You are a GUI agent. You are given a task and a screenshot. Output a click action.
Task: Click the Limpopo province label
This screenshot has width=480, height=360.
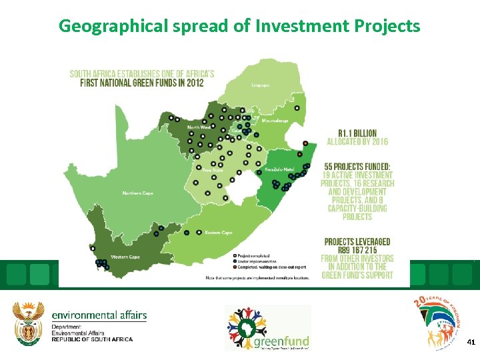click(261, 85)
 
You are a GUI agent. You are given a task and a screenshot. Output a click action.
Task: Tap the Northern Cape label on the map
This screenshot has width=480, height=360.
click(137, 193)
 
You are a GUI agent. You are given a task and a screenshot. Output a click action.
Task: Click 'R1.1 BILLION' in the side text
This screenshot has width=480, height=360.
click(357, 133)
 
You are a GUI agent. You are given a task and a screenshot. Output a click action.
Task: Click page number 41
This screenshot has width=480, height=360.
click(471, 341)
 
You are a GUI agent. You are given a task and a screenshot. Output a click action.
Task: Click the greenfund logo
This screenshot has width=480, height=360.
click(267, 328)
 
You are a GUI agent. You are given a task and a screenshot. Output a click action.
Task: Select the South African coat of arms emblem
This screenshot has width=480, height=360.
click(28, 324)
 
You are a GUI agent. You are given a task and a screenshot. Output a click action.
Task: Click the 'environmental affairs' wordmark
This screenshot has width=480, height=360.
click(99, 315)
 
